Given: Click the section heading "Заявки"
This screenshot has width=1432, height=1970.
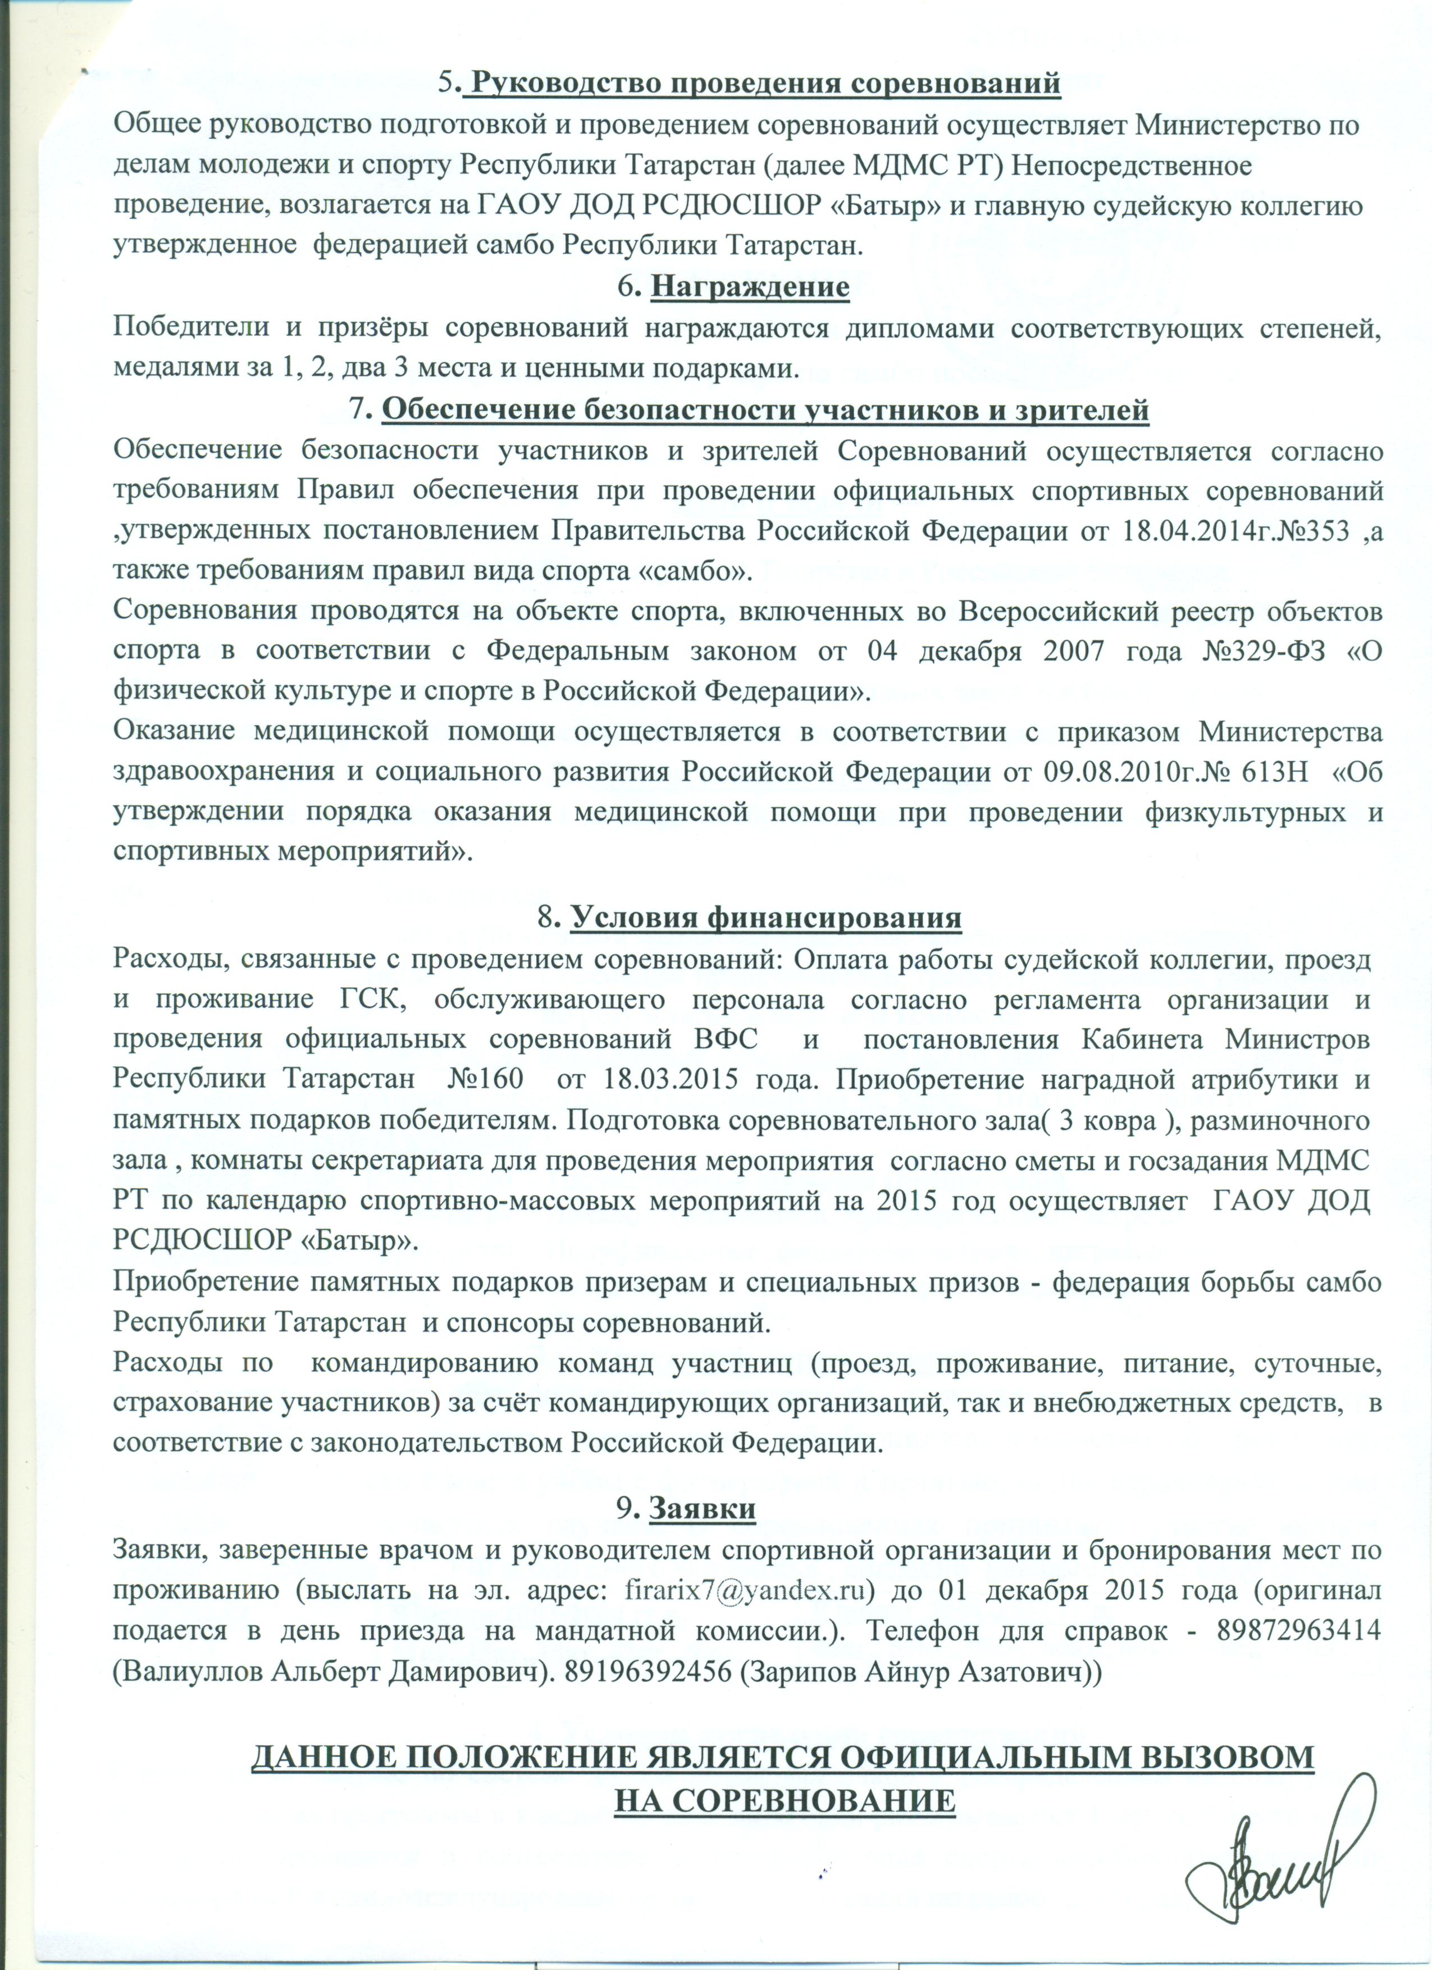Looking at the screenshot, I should point(702,1509).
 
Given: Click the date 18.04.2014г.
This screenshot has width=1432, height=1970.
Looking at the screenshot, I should point(1178,532).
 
